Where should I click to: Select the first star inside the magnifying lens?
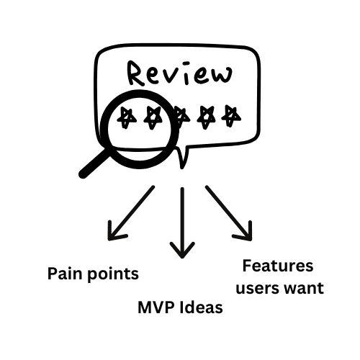[127, 117]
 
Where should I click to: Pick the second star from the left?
[153, 117]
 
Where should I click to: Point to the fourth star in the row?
[207, 115]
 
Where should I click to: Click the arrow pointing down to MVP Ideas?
[182, 223]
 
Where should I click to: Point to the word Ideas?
[200, 309]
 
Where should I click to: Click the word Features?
[277, 266]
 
